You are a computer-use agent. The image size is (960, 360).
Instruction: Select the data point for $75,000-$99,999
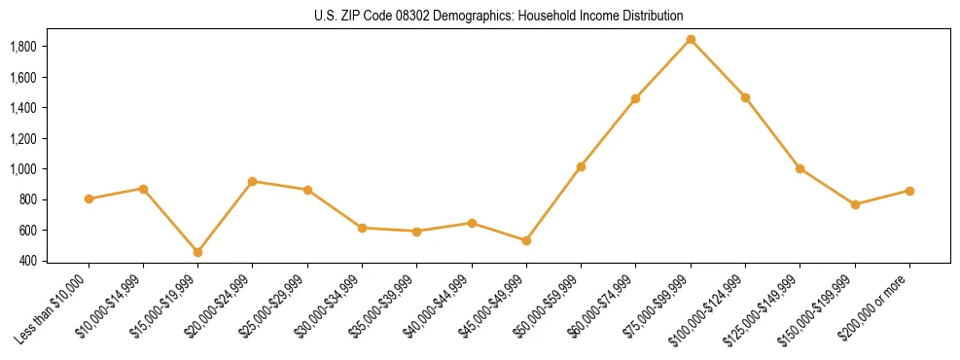691,39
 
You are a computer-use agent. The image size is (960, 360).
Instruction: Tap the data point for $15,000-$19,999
197,252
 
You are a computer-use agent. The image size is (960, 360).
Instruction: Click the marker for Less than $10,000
89,198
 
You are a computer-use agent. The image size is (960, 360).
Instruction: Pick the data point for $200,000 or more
909,191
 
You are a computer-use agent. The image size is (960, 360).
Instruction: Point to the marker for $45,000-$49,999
526,240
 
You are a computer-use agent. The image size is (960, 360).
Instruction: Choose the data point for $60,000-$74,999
635,98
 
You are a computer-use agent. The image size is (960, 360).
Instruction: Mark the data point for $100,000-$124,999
745,97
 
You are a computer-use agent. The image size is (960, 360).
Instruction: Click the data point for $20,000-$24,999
253,181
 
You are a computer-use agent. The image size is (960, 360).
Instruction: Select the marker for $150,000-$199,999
855,204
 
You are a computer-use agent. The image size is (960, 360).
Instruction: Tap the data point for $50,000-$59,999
581,166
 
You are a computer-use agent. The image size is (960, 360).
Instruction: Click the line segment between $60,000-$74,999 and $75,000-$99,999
663,68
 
